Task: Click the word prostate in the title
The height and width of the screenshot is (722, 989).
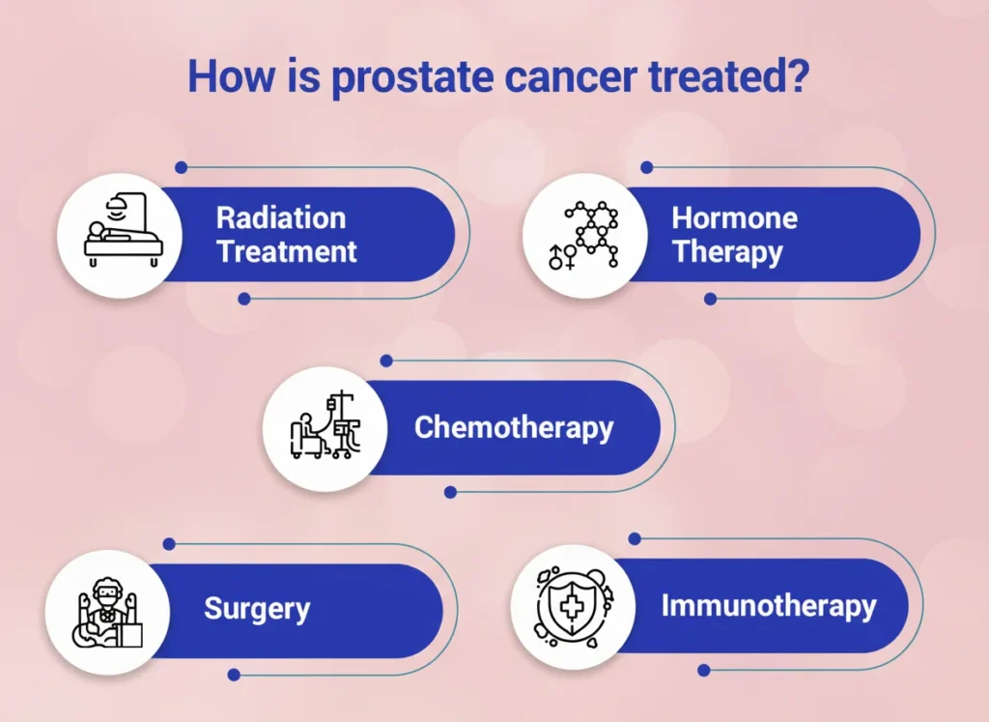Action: pyautogui.click(x=411, y=77)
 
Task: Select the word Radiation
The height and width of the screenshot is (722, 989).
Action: pyautogui.click(x=281, y=217)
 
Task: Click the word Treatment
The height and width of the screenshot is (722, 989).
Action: pyautogui.click(x=286, y=251)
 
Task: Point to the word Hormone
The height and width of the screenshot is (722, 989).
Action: pyautogui.click(x=734, y=217)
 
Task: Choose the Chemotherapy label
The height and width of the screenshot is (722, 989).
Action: pyautogui.click(x=514, y=428)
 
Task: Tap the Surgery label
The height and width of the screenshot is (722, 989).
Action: pyautogui.click(x=257, y=609)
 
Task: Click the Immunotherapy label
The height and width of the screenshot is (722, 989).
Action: pyautogui.click(x=768, y=605)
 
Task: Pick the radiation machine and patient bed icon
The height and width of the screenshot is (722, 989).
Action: pyautogui.click(x=124, y=230)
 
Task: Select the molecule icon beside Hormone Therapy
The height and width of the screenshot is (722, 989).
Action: pyautogui.click(x=592, y=234)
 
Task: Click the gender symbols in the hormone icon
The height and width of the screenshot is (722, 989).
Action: pyautogui.click(x=561, y=256)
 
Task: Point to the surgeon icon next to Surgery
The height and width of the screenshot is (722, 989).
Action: pyautogui.click(x=108, y=612)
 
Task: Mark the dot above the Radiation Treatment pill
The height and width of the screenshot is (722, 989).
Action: pyautogui.click(x=181, y=167)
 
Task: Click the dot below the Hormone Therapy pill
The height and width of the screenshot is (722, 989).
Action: pyautogui.click(x=710, y=299)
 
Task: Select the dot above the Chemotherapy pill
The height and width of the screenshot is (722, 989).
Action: pyautogui.click(x=386, y=361)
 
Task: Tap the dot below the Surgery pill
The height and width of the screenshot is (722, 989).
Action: pyautogui.click(x=234, y=675)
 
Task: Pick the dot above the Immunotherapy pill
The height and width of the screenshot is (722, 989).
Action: pyautogui.click(x=636, y=538)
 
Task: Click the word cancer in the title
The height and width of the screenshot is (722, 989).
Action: pyautogui.click(x=571, y=77)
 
